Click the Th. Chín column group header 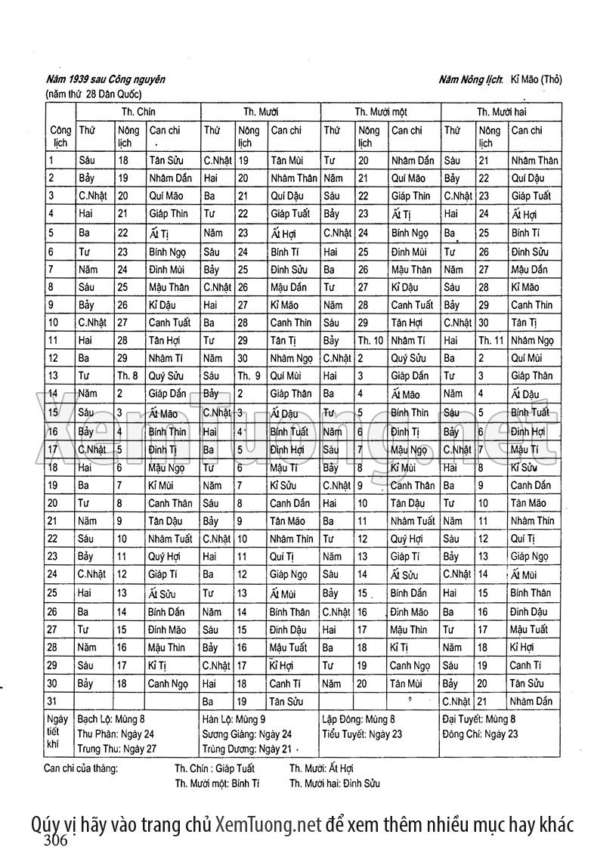tap(138, 111)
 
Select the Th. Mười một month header tap(381, 111)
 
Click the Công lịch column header tap(60, 136)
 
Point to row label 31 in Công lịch tap(52, 702)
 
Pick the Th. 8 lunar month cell tap(127, 375)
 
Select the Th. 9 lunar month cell tap(249, 375)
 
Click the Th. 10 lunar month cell tap(370, 340)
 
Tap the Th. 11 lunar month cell tap(491, 340)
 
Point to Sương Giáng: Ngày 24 tap(246, 734)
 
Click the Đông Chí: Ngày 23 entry tap(481, 734)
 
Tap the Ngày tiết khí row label tap(57, 733)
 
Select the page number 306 tap(57, 841)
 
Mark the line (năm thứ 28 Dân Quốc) tap(94, 94)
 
